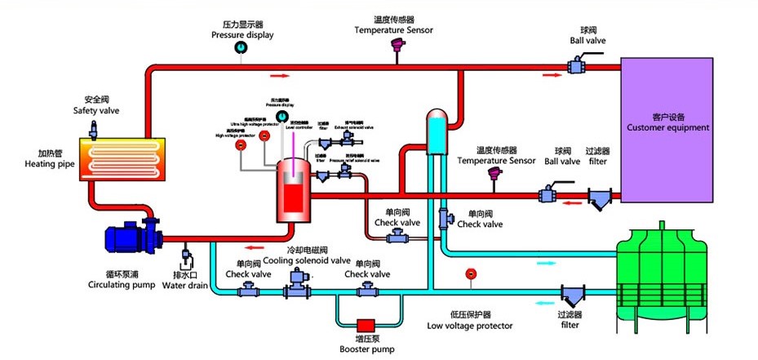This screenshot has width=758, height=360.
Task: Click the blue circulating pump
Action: pos(131,237)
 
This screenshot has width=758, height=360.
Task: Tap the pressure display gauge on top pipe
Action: pos(242,50)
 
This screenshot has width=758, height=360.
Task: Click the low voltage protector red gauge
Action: pos(469,273)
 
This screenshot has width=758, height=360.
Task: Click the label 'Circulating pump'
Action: pos(121,286)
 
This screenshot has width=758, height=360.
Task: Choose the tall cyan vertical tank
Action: pos(437,135)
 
